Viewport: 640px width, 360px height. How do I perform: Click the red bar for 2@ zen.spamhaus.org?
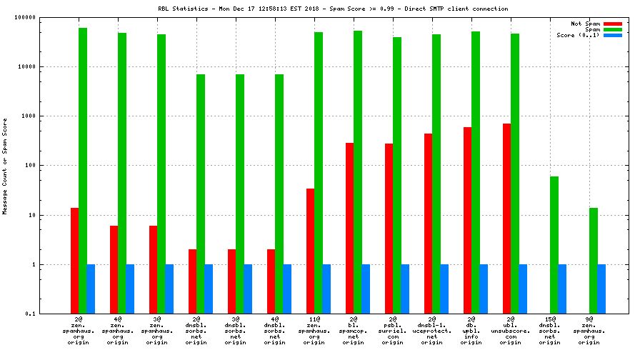[74, 261]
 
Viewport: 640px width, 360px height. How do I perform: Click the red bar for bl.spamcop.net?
[349, 228]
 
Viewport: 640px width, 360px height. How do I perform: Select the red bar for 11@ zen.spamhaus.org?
[310, 251]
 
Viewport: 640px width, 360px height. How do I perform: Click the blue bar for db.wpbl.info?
[484, 289]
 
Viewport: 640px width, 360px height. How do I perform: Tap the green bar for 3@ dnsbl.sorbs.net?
[240, 194]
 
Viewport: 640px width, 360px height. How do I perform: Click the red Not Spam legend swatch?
[613, 24]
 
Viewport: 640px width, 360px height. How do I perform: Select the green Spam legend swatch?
[613, 29]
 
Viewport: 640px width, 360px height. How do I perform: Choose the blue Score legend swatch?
[613, 35]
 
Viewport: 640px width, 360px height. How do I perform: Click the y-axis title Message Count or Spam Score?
[5, 166]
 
